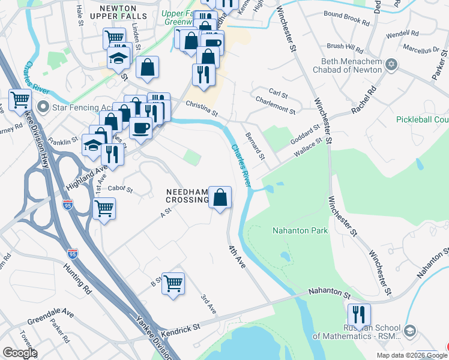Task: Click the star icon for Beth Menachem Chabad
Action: coord(392,64)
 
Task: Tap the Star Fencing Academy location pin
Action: coord(43,107)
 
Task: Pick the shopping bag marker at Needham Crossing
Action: coord(220,197)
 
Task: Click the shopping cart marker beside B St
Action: coord(173,283)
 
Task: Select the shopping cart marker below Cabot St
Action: coord(104,209)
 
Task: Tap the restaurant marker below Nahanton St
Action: coord(359,314)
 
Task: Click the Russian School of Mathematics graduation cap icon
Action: coord(410,331)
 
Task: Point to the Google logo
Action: coord(20,353)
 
